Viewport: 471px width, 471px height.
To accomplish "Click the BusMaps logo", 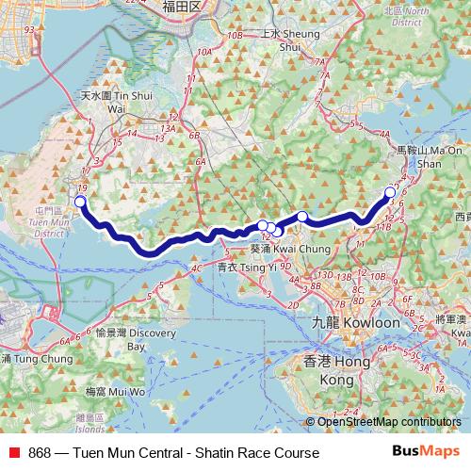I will (x=426, y=452).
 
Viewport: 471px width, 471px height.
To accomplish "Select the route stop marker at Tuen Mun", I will (x=80, y=202).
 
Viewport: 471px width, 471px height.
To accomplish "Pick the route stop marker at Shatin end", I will (x=390, y=193).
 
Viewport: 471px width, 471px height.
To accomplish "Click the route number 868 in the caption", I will (x=40, y=453).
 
